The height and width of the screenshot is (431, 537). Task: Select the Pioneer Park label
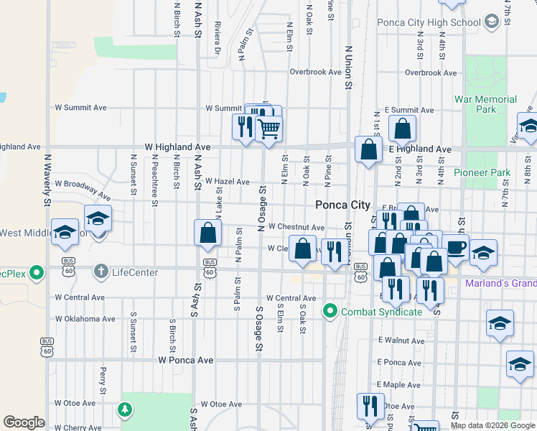tap(482, 172)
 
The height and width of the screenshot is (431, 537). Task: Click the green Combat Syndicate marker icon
tap(330, 311)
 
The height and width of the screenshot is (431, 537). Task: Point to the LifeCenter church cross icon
tap(101, 272)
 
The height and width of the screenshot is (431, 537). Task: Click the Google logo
tap(24, 422)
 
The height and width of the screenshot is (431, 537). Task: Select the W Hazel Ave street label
tap(227, 182)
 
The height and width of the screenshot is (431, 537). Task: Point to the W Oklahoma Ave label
tap(85, 319)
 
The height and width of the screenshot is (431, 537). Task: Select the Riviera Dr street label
tap(217, 41)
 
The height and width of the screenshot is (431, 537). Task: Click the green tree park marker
tap(126, 409)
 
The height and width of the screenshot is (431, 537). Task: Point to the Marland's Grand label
tap(500, 283)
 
